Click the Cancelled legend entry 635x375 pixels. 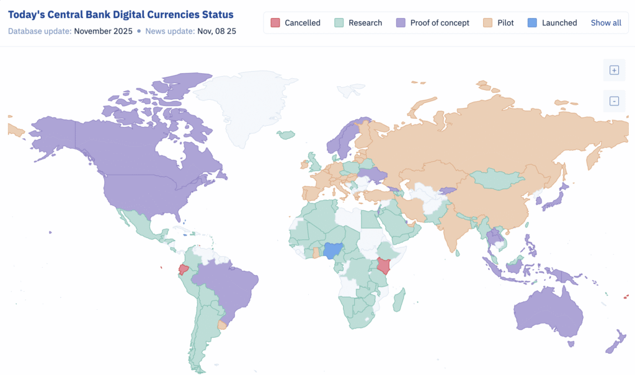click(x=295, y=23)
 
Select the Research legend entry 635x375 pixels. click(x=358, y=23)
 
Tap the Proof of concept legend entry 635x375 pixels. click(x=433, y=23)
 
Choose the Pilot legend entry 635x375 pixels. click(x=498, y=23)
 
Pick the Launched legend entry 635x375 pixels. click(x=552, y=23)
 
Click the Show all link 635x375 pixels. click(x=605, y=23)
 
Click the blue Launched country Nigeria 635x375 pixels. click(x=334, y=250)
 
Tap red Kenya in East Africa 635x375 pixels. click(x=384, y=267)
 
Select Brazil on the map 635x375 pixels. click(x=229, y=285)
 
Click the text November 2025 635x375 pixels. click(x=103, y=30)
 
